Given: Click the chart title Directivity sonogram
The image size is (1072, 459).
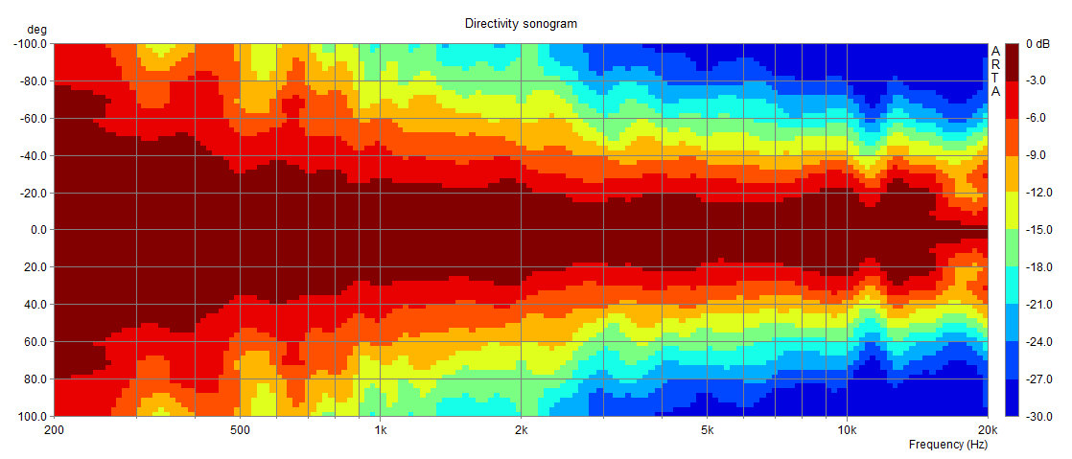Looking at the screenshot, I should [x=521, y=23].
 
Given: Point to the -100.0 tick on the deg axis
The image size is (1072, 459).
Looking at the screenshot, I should [x=32, y=43].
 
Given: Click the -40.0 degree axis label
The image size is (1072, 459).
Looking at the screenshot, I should [x=35, y=155].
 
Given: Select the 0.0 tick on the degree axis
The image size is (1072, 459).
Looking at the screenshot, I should [x=39, y=230].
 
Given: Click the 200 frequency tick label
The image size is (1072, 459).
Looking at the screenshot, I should [x=54, y=430].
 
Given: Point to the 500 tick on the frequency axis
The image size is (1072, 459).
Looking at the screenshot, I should [x=240, y=430].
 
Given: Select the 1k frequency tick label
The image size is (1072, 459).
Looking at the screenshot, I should [x=381, y=430].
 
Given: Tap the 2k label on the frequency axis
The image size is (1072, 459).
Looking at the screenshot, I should [x=521, y=430].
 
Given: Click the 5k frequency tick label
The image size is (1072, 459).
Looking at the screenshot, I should [x=707, y=430].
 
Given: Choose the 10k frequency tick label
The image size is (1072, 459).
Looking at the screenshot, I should [x=847, y=430].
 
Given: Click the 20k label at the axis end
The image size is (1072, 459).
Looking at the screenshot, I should [x=988, y=430].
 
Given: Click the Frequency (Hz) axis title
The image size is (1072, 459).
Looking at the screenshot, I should [x=947, y=446].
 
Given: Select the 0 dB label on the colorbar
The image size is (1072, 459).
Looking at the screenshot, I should [x=1037, y=44].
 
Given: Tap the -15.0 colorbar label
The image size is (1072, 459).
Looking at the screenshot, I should [x=1039, y=230].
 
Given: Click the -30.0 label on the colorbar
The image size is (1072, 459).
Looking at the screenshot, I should [x=1039, y=417].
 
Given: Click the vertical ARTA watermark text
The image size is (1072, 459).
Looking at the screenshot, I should [x=995, y=71].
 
